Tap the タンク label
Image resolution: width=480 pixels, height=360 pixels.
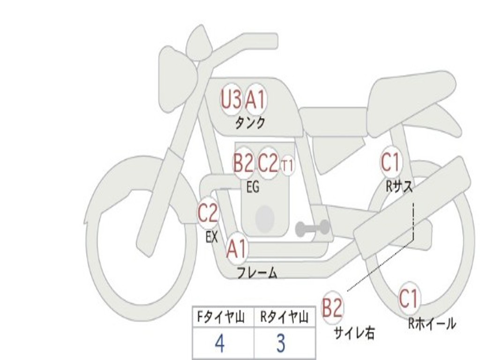pos(250,123)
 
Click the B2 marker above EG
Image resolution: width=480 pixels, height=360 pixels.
pos(244,163)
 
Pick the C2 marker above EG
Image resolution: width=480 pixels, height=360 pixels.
pos(268,163)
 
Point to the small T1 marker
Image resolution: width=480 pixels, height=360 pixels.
pos(287,165)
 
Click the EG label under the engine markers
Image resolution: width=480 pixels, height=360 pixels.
pos(253,187)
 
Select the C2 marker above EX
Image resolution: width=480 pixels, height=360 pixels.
pos(208,213)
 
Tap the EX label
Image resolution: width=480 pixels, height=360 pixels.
pos(212,236)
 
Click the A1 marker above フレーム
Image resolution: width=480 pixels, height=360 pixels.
pos(237,248)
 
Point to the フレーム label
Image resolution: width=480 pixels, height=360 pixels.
pos(257,273)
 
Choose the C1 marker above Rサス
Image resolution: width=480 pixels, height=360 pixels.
pos(391,162)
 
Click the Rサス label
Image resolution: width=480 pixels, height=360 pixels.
pos(399,186)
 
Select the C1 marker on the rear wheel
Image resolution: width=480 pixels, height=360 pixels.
pos(409,299)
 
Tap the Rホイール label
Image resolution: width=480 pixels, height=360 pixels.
pos(432,324)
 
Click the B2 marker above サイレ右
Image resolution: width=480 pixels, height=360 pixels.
pos(332,307)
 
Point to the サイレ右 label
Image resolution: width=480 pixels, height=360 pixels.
pos(354,333)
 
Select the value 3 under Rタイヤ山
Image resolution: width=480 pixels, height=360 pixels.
pos(281,343)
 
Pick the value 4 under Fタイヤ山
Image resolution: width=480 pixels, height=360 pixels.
pos(220,343)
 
